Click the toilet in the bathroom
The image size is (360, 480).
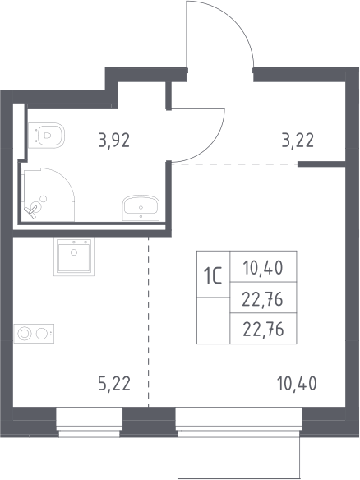(47, 136)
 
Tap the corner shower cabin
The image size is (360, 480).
(49, 194)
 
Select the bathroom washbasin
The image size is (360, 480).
(141, 208)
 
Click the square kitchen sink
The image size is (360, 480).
(74, 256)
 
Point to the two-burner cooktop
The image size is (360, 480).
(34, 334)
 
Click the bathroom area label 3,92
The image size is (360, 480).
(114, 141)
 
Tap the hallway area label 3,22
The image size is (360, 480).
(298, 141)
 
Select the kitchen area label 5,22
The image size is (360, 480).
(114, 384)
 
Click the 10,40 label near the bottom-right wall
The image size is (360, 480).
(297, 384)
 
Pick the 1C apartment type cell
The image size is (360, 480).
(213, 274)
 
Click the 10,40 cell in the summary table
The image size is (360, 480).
(263, 266)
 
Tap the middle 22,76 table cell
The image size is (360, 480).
(263, 298)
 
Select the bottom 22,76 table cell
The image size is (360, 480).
(263, 328)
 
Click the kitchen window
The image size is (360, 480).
(89, 422)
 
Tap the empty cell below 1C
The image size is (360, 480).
(213, 321)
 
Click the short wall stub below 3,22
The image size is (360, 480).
(321, 164)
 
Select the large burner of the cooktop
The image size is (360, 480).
(25, 334)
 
